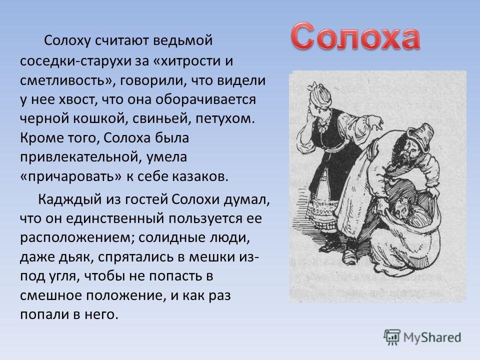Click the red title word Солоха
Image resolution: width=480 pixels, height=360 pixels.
pos(355,36)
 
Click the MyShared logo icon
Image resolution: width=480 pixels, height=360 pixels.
pos(392,338)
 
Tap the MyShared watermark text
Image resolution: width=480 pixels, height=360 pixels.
pos(432,337)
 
